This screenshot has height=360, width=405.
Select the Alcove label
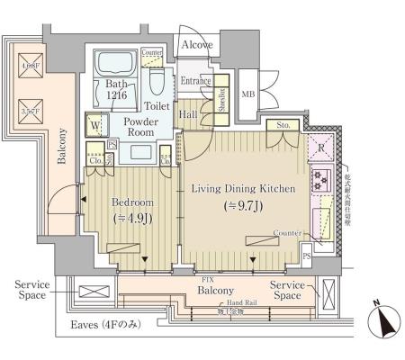198,44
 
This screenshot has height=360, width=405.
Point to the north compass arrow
384,322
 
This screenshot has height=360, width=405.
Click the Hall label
188,114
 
